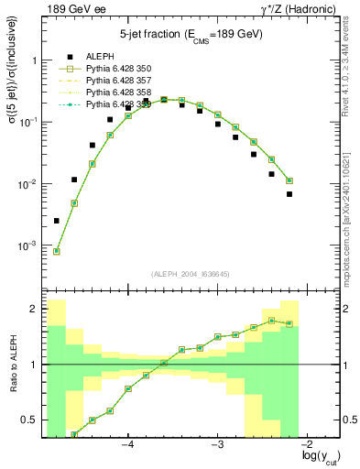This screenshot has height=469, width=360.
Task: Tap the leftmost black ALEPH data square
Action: (57, 221)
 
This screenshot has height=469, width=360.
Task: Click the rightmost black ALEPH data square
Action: (289, 194)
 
